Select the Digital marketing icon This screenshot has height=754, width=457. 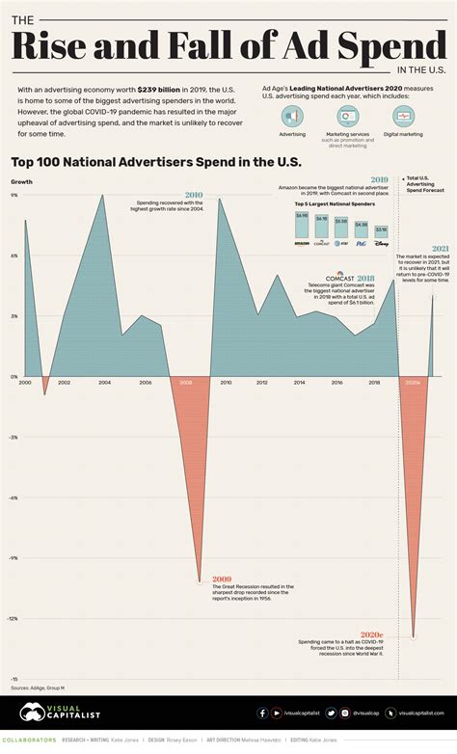(x=406, y=115)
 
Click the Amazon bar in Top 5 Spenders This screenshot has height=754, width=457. (x=302, y=226)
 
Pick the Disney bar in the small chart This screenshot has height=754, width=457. (x=382, y=232)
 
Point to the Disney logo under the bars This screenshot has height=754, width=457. (x=382, y=244)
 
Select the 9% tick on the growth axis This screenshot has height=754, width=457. (x=14, y=195)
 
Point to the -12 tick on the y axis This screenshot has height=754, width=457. (x=14, y=619)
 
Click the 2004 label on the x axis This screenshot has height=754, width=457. (x=104, y=383)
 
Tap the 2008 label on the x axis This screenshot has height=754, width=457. (x=185, y=383)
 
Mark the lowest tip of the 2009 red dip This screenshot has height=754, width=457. (x=200, y=582)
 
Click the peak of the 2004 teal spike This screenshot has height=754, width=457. (x=103, y=195)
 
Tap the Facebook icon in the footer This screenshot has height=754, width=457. (x=262, y=714)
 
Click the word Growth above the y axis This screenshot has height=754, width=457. (x=20, y=181)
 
